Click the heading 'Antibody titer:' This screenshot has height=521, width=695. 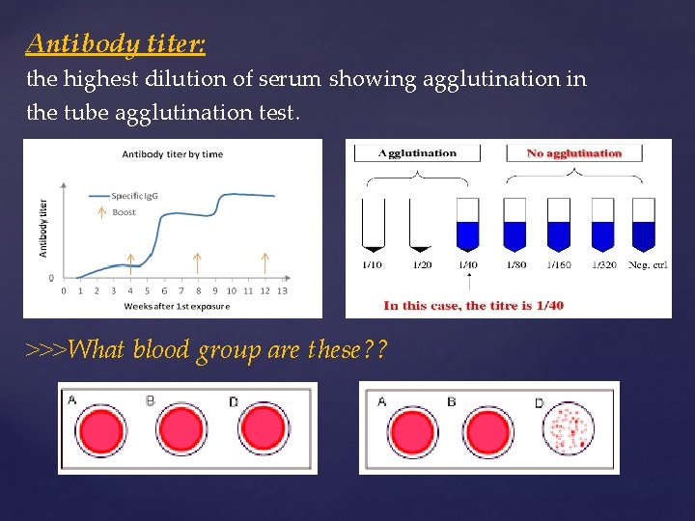[x=116, y=44]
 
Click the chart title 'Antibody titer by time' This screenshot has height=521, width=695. [x=172, y=154]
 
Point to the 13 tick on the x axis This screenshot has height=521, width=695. [x=282, y=290]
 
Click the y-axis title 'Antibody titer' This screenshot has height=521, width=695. [x=42, y=228]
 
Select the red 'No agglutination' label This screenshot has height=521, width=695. [x=574, y=152]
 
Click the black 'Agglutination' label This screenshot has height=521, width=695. [x=418, y=152]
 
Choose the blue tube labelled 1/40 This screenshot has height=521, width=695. [x=467, y=225]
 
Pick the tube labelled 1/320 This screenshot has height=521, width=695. [x=603, y=225]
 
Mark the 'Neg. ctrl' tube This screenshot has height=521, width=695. [x=644, y=225]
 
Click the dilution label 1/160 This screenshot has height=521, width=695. [x=559, y=265]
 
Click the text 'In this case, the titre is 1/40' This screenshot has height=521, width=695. [x=473, y=305]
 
